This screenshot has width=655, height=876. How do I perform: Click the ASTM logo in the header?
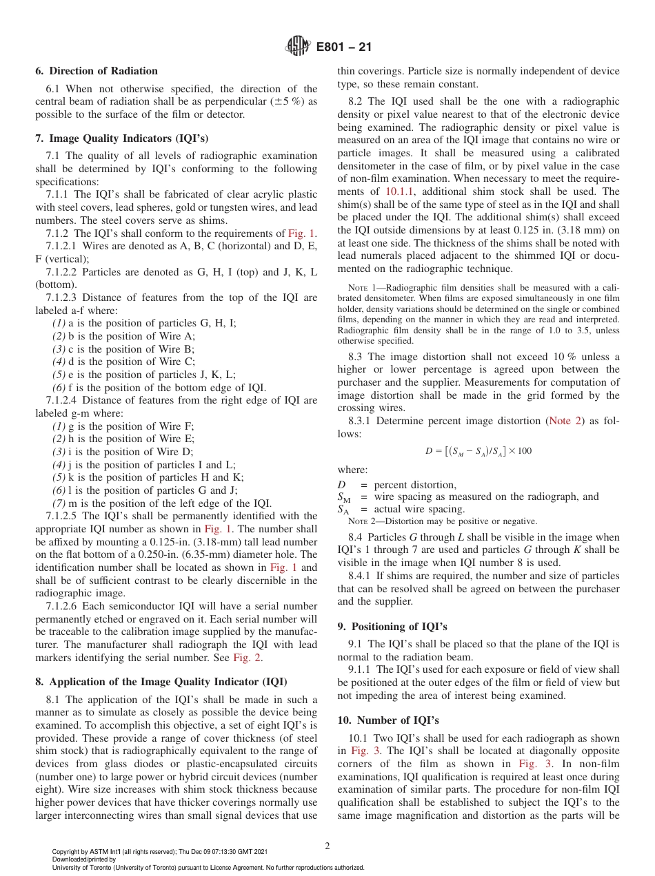[299, 47]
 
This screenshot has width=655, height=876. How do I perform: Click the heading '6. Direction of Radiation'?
[97, 71]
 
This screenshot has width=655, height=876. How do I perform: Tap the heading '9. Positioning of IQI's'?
[392, 627]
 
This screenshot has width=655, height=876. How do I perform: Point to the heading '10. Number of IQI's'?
[388, 720]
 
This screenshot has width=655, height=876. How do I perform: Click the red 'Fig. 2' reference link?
[247, 658]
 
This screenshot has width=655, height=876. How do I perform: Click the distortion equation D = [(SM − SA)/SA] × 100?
[478, 451]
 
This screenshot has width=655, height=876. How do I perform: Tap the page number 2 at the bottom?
[327, 846]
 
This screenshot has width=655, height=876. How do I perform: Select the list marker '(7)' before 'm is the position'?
[60, 503]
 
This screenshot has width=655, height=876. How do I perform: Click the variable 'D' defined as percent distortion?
[341, 485]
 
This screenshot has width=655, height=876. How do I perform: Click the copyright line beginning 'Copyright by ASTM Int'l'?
[159, 852]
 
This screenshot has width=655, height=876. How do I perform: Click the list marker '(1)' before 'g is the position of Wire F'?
[60, 426]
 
